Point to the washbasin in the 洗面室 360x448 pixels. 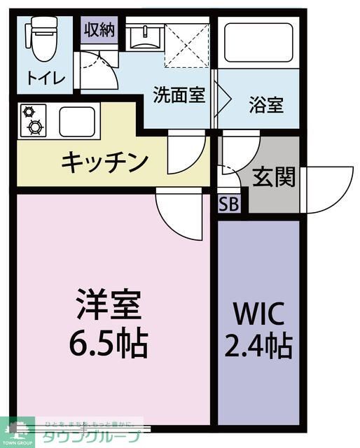pos(146,36)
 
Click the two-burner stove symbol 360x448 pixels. pos(32,120)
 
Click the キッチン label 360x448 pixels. pos(104,162)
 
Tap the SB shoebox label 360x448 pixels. pos(228,204)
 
